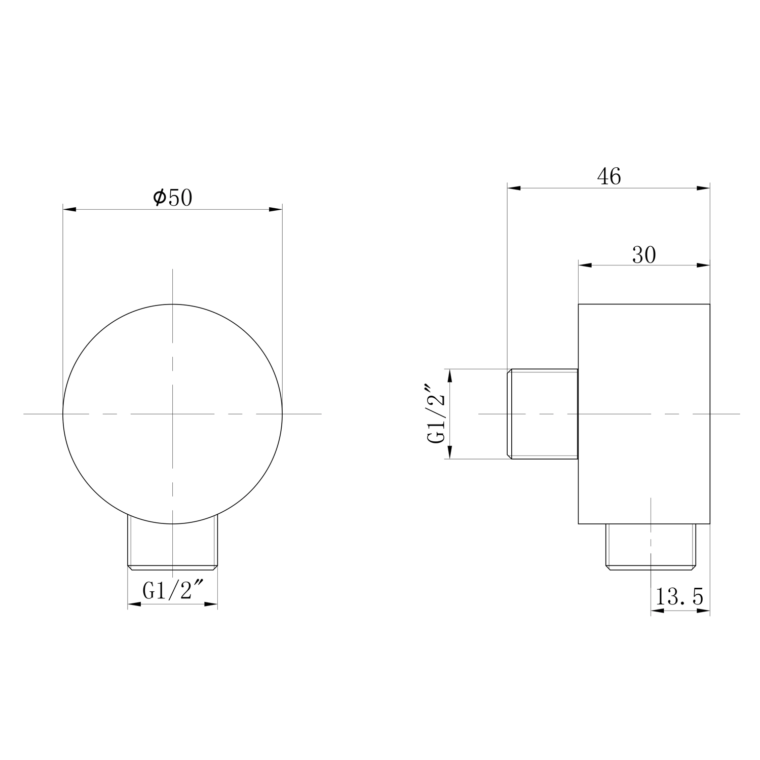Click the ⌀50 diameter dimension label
click(x=172, y=198)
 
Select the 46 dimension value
click(x=609, y=176)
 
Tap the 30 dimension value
click(x=644, y=255)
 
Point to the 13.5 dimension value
click(x=679, y=597)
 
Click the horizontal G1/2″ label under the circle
click(x=173, y=591)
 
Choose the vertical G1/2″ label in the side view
click(x=436, y=414)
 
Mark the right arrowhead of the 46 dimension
click(x=703, y=188)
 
